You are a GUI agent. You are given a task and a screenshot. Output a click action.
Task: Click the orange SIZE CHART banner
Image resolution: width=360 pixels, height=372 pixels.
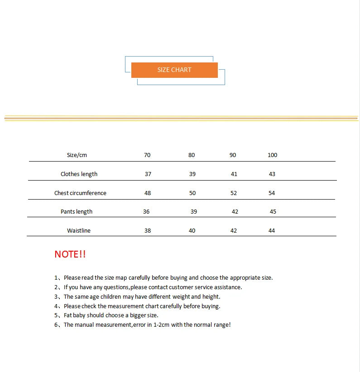pos(174,70)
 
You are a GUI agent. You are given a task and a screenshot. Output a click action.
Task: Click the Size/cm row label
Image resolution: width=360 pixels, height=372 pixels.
pos(77,155)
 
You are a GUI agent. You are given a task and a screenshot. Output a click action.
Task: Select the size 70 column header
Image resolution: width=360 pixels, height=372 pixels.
pos(147,155)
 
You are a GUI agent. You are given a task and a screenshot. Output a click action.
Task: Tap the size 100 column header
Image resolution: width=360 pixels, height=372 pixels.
pos(272,155)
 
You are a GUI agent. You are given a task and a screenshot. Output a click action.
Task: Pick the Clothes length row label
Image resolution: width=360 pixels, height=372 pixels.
pos(79,174)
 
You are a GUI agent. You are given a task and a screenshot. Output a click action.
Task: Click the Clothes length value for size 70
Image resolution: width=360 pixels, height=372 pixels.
pos(148,174)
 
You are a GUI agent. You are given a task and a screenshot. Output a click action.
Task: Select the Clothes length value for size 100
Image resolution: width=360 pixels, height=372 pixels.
pos(272,174)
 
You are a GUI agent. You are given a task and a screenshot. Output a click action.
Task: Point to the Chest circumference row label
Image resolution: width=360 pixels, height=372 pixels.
pos(80,193)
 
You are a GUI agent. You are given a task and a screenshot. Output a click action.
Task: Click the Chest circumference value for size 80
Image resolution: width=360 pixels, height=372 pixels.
pos(192,193)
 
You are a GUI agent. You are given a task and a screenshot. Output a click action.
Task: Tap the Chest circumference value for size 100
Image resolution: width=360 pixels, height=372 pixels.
pos(272,193)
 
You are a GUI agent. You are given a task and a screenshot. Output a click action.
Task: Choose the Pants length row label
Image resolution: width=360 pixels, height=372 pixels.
pos(77,211)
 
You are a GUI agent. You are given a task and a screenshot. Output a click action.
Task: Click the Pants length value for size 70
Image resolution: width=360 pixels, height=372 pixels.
pos(146,211)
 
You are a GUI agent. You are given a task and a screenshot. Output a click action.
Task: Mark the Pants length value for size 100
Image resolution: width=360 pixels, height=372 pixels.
pos(273,211)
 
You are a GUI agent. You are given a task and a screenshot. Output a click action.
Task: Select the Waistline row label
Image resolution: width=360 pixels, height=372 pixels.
pos(79,230)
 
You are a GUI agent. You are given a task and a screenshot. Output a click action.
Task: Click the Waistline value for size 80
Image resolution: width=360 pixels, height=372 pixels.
pos(192,230)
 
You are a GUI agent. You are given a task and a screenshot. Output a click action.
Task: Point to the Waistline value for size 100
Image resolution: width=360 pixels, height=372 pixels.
pos(272,230)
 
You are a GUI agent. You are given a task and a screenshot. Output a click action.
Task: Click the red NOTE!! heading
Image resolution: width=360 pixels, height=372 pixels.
pos(70,254)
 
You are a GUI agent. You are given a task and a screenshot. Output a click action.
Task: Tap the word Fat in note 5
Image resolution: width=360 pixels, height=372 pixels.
pos(68,315)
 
